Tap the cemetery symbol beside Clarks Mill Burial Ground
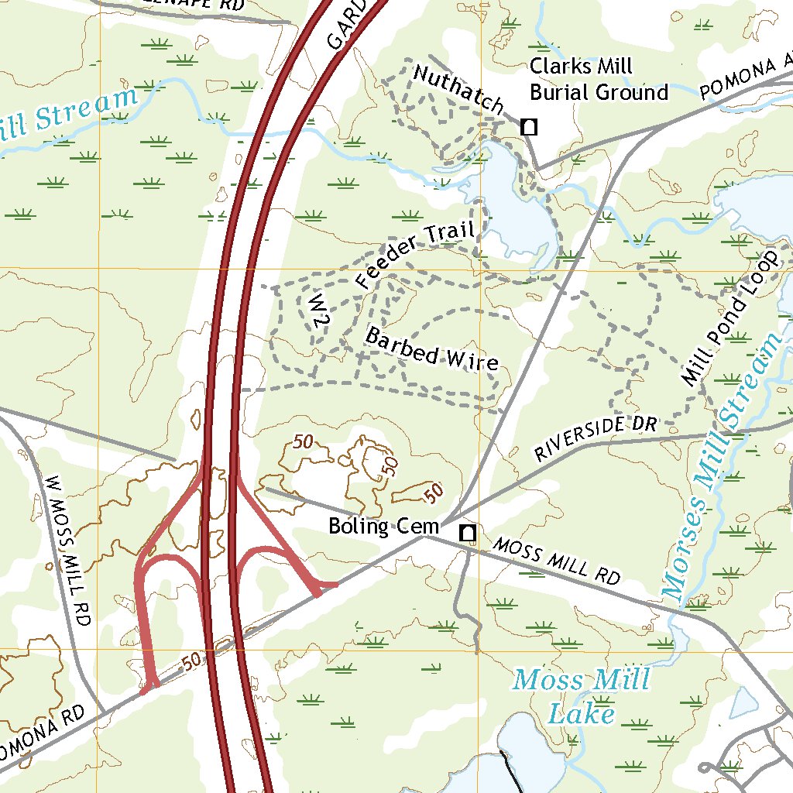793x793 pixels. pyautogui.click(x=529, y=126)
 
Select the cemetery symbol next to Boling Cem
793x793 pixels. pyautogui.click(x=467, y=533)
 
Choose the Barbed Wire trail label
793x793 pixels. pyautogui.click(x=431, y=349)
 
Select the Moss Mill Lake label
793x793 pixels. pyautogui.click(x=582, y=696)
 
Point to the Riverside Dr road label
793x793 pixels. pyautogui.click(x=596, y=438)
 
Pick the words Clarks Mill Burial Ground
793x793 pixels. pyautogui.click(x=598, y=80)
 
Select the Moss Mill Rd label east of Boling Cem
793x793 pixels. pyautogui.click(x=557, y=561)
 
